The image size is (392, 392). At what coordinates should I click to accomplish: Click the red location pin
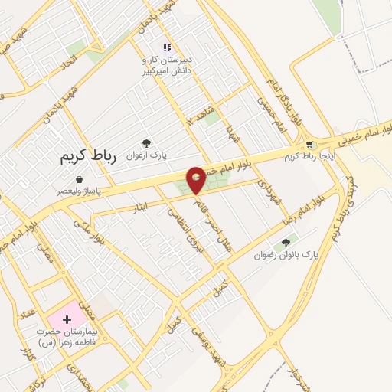196,179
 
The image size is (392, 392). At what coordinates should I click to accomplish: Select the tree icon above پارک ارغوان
146,143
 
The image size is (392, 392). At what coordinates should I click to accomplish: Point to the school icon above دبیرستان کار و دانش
166,48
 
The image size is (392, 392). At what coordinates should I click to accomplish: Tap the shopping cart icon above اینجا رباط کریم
309,144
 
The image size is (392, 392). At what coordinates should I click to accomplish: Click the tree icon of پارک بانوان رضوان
286,243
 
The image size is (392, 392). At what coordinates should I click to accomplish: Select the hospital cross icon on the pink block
67,317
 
